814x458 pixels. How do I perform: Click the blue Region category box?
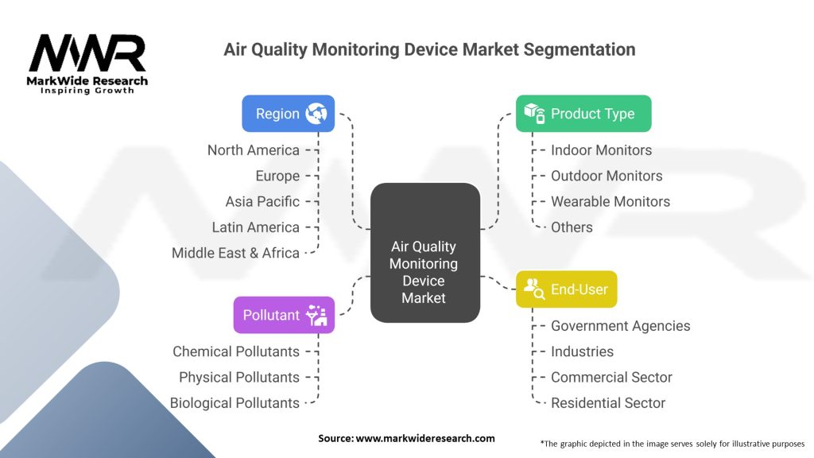point(288,113)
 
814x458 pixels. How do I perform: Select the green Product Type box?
point(583,113)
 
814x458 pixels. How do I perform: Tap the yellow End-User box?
point(566,289)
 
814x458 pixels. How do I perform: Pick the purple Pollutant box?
point(284,315)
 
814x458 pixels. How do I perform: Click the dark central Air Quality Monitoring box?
point(425,252)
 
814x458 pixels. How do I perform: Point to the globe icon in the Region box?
point(316,113)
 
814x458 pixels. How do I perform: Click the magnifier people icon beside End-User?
point(533,289)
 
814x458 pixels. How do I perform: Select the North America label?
point(254,150)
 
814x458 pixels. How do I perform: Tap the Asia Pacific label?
point(262,201)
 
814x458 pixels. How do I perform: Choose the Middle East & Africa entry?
point(235,253)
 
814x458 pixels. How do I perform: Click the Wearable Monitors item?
point(610,201)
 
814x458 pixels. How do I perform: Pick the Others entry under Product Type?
point(572,227)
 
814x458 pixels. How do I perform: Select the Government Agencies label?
point(620,325)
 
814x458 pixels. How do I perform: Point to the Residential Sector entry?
point(608,403)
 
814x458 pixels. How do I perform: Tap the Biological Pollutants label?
point(235,403)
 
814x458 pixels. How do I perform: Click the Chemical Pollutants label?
point(236,351)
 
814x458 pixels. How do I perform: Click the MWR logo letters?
point(87,53)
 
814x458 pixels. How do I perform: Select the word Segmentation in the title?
point(579,49)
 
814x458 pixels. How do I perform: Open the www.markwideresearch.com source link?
point(425,438)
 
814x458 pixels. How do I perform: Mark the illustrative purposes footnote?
point(673,444)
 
